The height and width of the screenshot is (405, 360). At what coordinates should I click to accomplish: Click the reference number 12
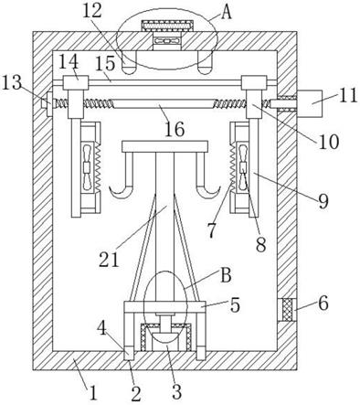pos(93,11)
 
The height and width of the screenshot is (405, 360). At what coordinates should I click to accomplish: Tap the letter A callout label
pos(226,13)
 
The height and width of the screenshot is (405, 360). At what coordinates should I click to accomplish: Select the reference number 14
pos(69,62)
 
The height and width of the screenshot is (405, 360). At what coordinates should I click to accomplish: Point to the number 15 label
pos(106,64)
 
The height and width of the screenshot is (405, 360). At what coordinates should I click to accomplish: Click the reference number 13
pos(12,83)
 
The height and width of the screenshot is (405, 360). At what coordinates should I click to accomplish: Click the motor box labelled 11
pos(310,103)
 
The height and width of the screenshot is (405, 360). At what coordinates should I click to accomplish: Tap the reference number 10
pos(329,142)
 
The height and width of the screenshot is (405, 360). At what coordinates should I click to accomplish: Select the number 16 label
pos(175,129)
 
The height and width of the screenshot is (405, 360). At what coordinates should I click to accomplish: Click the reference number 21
pos(109,260)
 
